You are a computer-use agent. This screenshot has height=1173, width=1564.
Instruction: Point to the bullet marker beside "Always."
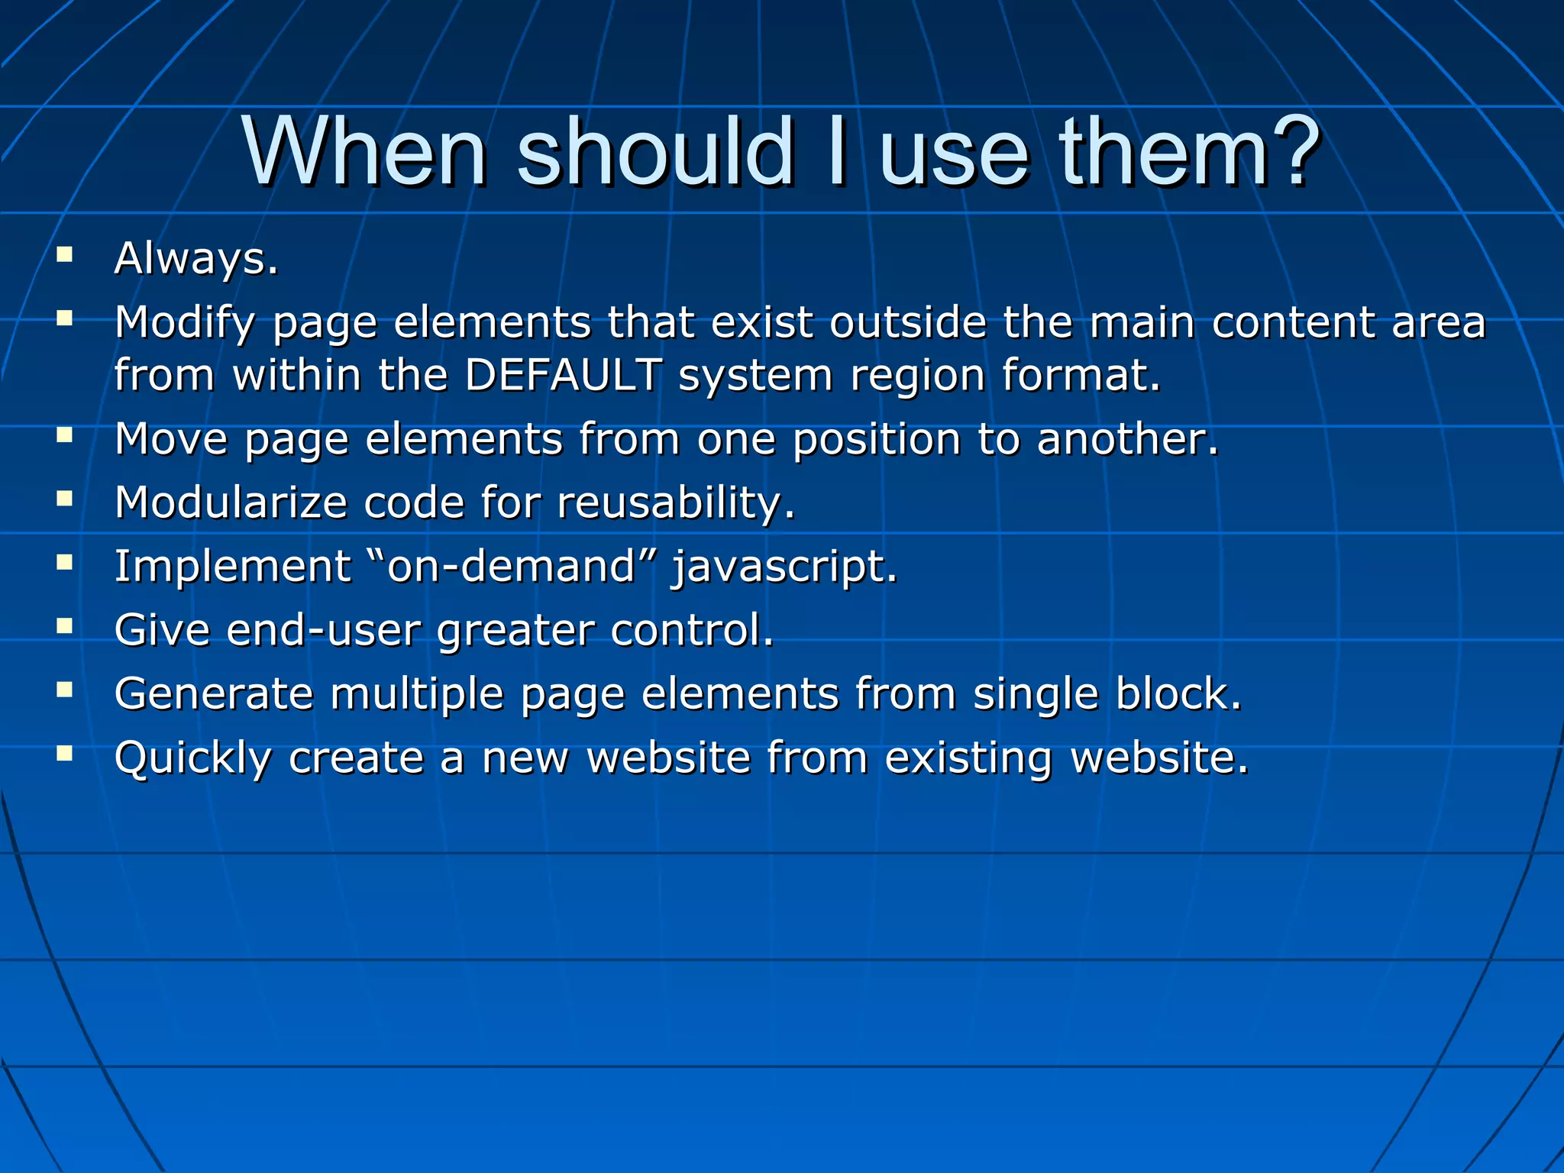(x=64, y=254)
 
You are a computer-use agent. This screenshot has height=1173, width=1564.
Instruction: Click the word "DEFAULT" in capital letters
(x=564, y=375)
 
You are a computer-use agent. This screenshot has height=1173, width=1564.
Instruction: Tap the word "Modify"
(x=184, y=322)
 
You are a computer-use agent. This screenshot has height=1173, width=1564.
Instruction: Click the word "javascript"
(x=778, y=567)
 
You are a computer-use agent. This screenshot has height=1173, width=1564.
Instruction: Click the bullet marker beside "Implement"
(x=64, y=563)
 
